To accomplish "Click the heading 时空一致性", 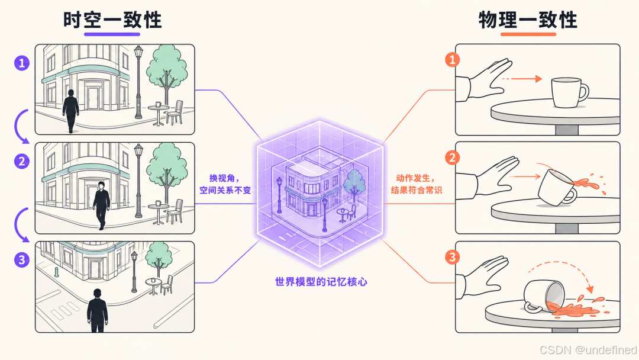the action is coord(112,20).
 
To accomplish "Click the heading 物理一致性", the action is coord(528,20).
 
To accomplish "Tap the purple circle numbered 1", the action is coord(22,63).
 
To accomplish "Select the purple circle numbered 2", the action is coord(22,162).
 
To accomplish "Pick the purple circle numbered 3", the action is coord(22,260).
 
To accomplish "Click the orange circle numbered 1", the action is coord(453,60).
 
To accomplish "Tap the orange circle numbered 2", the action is coord(453,157).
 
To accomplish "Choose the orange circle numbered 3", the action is coord(453,257).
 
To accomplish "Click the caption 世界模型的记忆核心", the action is coord(321,282).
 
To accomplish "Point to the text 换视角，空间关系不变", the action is coord(225,184).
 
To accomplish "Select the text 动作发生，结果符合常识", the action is coord(417,184).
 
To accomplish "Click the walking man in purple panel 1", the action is coord(71,111).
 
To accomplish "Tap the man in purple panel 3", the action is coord(98,311).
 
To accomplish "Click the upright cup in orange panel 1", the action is coord(569,93).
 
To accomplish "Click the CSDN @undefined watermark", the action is coord(588,350).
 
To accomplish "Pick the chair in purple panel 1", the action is coord(175,112).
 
